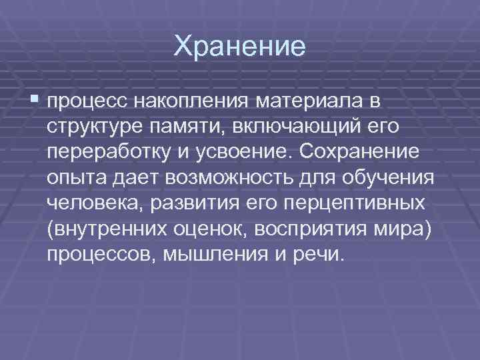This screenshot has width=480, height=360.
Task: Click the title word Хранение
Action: click(x=239, y=47)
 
